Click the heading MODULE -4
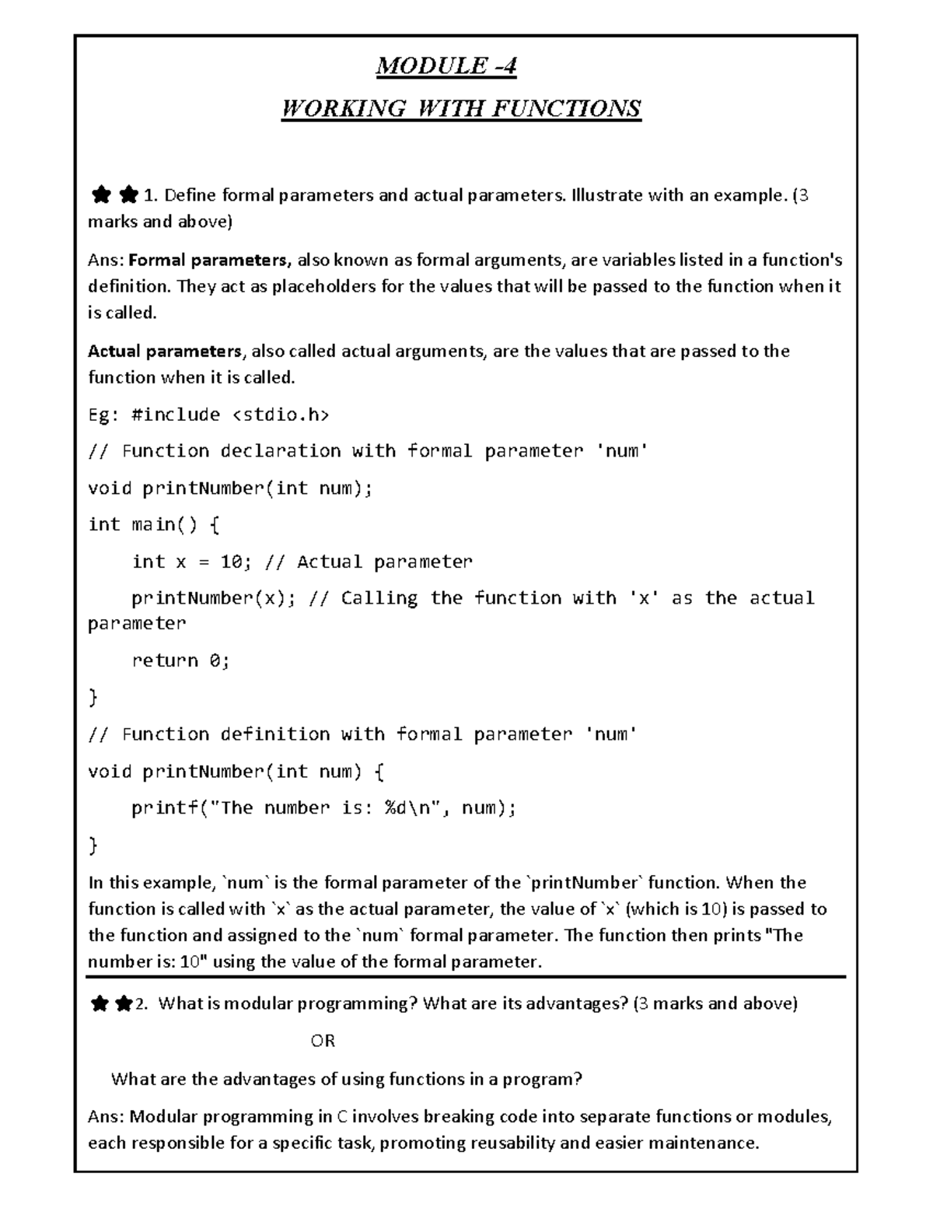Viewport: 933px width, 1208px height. (x=446, y=66)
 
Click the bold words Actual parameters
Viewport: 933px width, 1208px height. (x=165, y=351)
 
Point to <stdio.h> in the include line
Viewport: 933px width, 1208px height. (x=281, y=415)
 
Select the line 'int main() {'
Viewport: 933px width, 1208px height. (x=154, y=524)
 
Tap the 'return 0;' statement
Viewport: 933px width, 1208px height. (x=180, y=660)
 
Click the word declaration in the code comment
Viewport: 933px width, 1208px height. (x=280, y=451)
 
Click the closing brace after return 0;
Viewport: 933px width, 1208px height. (x=93, y=698)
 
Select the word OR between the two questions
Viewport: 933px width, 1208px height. (x=323, y=1041)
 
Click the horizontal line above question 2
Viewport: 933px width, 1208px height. (x=466, y=977)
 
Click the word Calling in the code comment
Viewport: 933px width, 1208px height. (x=379, y=598)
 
